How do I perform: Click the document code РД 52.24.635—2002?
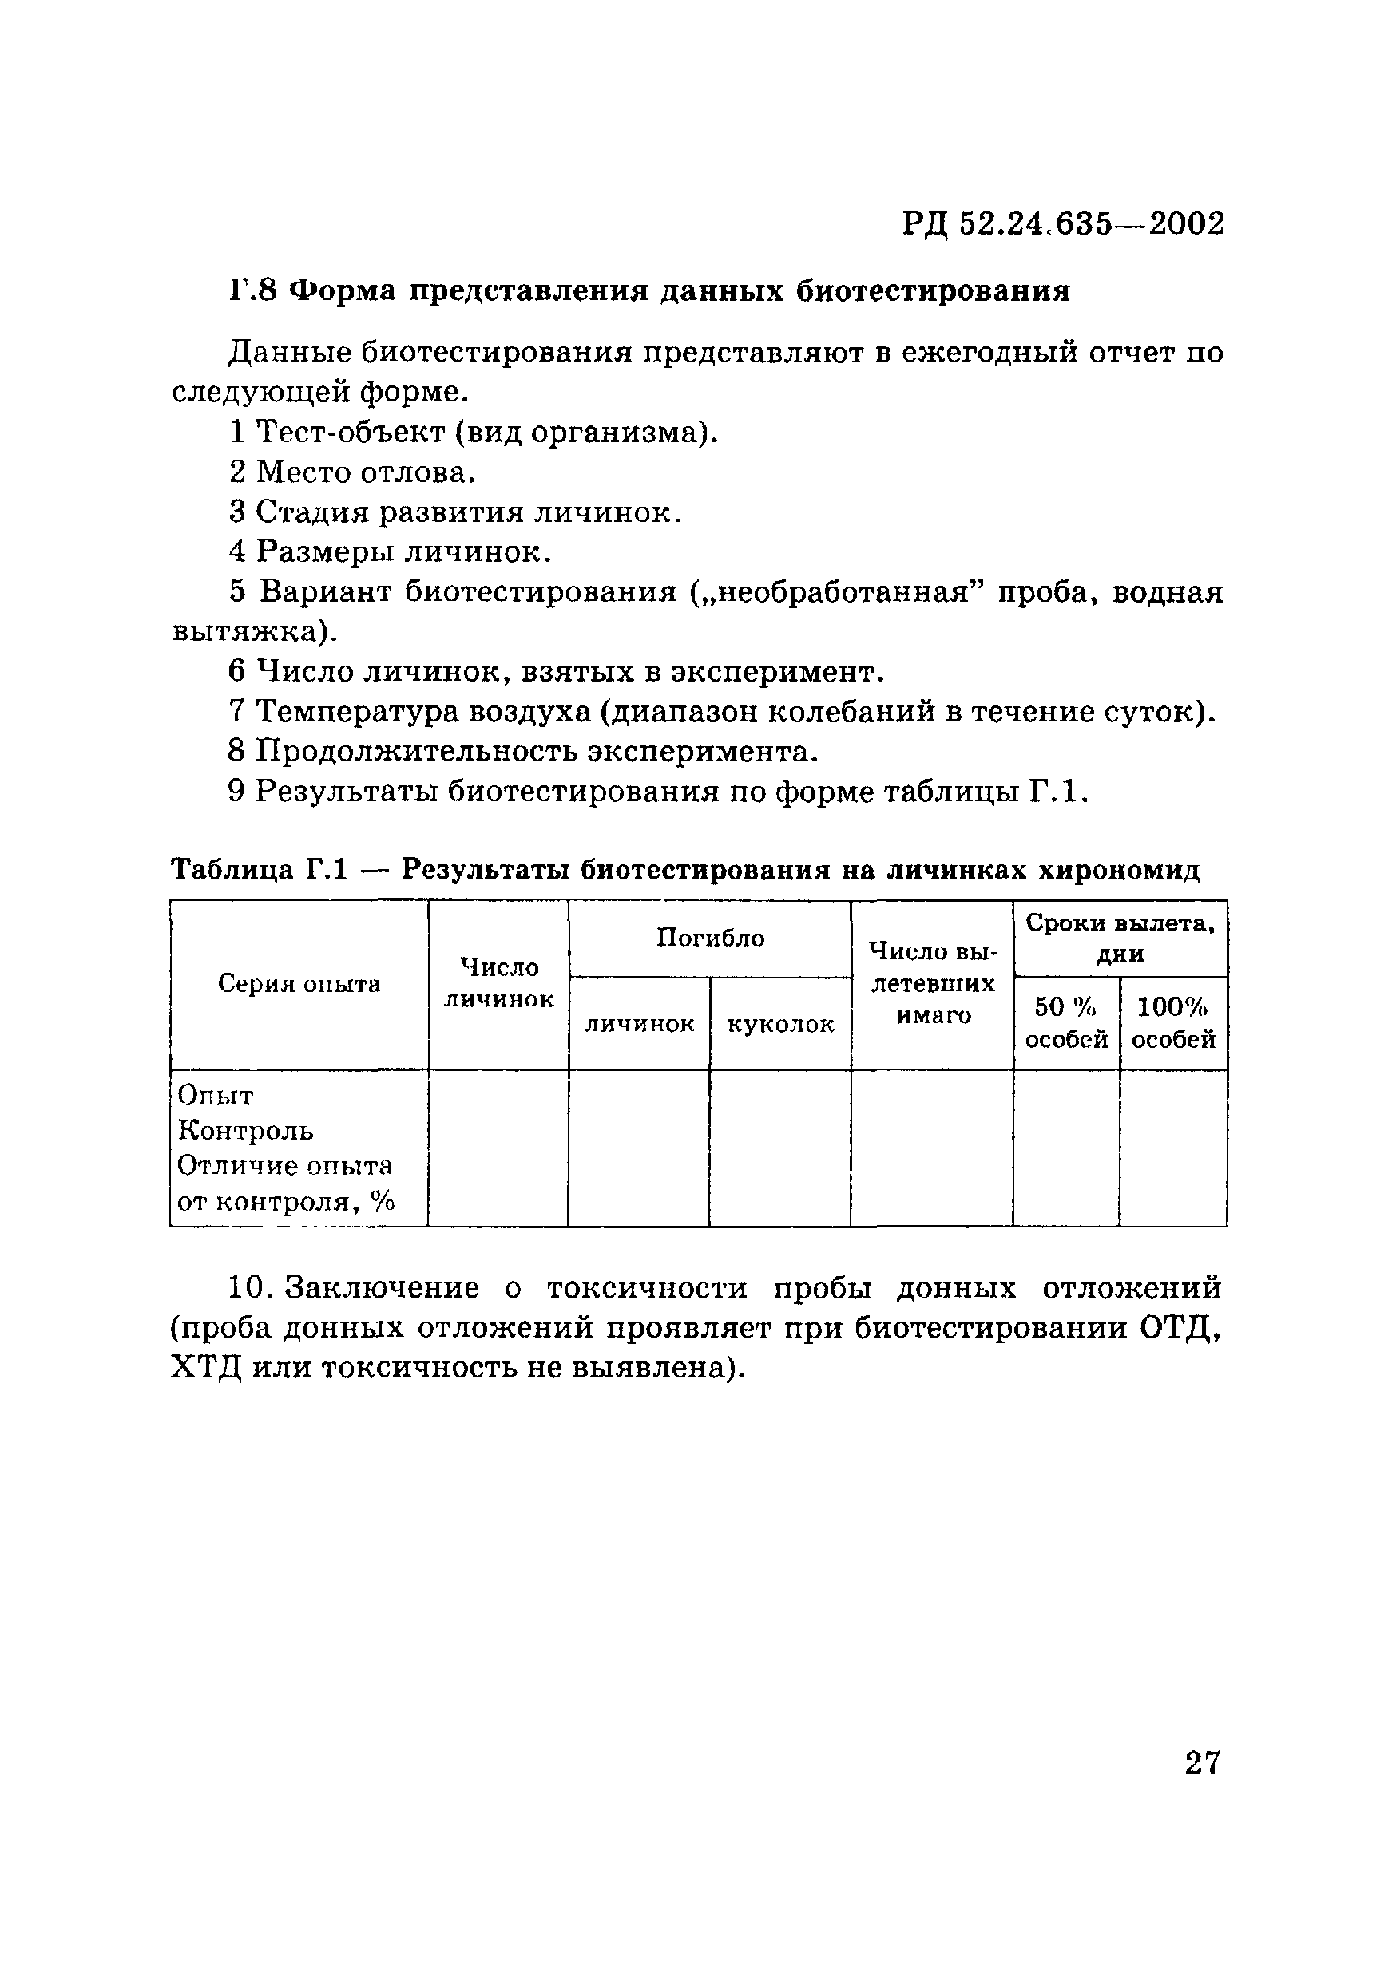click(1063, 224)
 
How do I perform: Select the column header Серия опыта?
click(299, 984)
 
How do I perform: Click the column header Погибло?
click(709, 939)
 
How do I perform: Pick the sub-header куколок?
click(780, 1025)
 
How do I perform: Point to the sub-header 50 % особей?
click(1065, 1023)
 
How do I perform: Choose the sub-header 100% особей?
click(1173, 1023)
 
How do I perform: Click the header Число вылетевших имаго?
click(932, 984)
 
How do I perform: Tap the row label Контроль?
click(245, 1131)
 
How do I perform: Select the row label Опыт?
click(215, 1096)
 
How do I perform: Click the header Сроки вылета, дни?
click(1120, 939)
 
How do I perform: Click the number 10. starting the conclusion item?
click(250, 1287)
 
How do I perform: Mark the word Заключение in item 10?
click(382, 1287)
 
